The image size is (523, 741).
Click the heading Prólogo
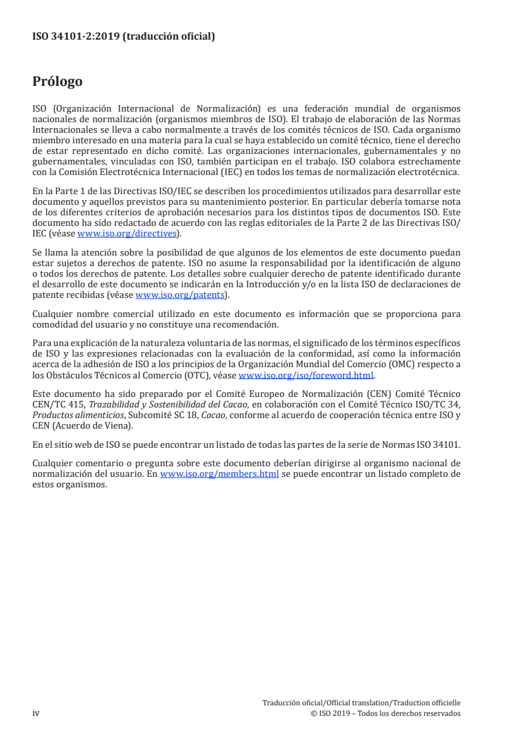57,82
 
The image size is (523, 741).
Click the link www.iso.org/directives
127,233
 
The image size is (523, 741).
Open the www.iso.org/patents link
179,295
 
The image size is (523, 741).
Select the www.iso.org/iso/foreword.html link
305,375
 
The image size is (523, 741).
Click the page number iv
36,713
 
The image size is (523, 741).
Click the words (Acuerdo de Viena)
88,417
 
